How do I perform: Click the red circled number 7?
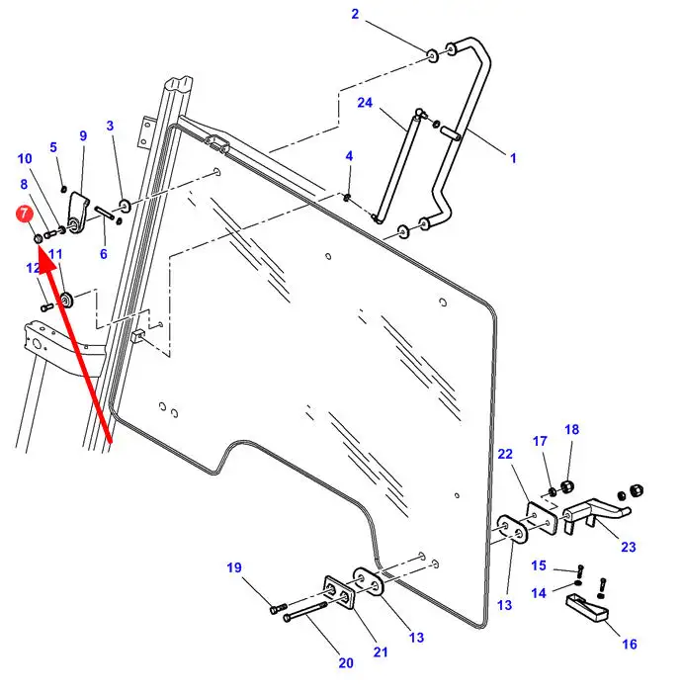click(x=25, y=214)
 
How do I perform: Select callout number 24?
click(x=365, y=103)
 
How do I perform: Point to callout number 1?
click(x=513, y=158)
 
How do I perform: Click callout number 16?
click(x=630, y=644)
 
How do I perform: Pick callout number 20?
click(x=346, y=663)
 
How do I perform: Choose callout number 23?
click(x=628, y=547)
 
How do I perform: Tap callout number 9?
click(x=83, y=135)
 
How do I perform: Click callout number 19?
click(x=234, y=567)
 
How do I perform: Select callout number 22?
click(x=505, y=454)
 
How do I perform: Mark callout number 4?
click(x=349, y=156)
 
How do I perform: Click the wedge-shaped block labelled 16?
click(x=586, y=608)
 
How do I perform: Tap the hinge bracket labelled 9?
click(x=78, y=213)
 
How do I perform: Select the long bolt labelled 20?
click(x=305, y=611)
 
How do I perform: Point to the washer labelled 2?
click(x=432, y=55)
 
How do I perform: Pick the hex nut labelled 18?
click(x=567, y=486)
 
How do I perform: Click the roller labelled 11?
click(x=67, y=300)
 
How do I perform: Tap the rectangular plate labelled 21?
click(x=339, y=592)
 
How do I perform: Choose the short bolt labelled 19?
click(x=278, y=608)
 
